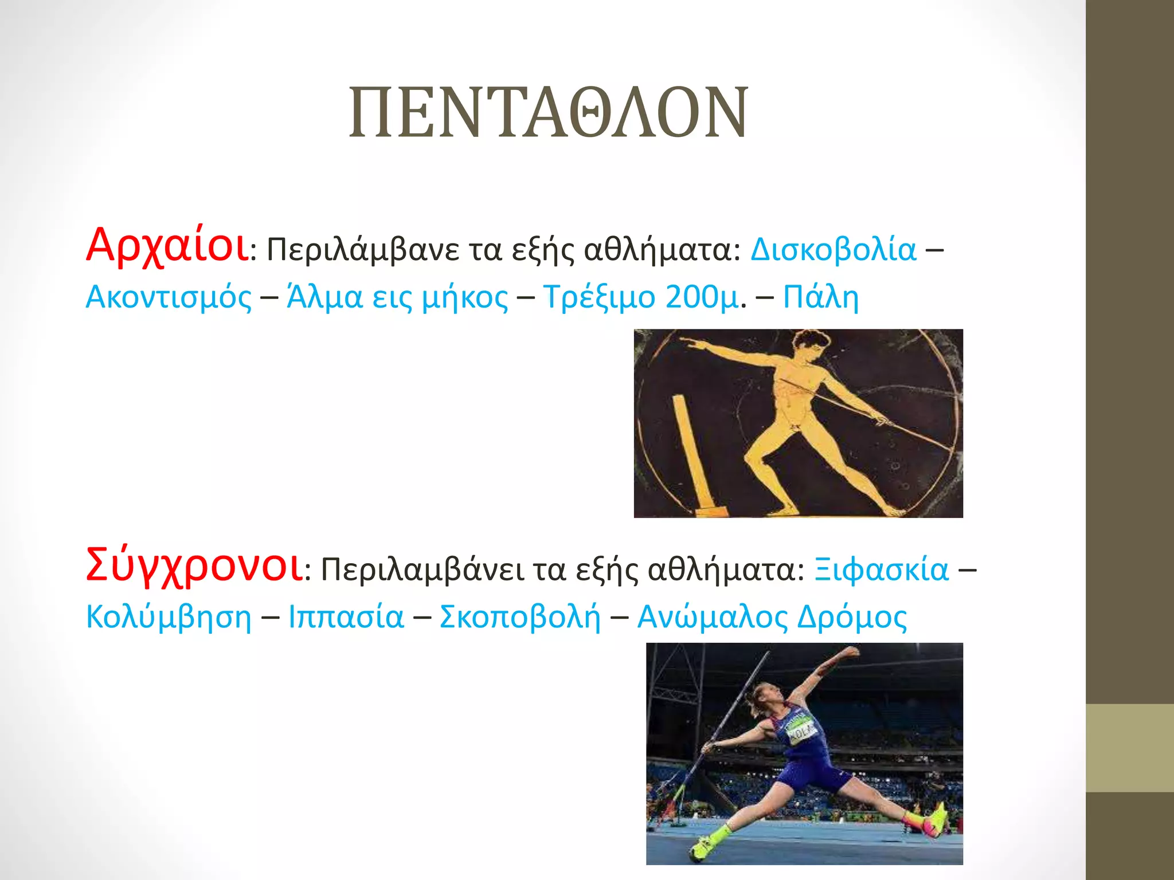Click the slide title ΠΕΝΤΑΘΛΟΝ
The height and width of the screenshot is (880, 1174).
pyautogui.click(x=549, y=112)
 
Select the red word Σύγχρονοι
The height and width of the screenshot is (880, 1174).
pyautogui.click(x=194, y=566)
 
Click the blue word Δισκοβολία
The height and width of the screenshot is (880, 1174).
pyautogui.click(x=833, y=250)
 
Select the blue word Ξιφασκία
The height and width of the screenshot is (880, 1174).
pyautogui.click(x=881, y=570)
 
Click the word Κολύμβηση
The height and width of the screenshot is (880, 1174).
pyautogui.click(x=168, y=618)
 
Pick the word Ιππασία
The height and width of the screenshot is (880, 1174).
pyautogui.click(x=346, y=618)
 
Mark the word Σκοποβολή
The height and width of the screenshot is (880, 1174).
pyautogui.click(x=520, y=618)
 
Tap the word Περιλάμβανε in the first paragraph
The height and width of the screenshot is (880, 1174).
pyautogui.click(x=363, y=250)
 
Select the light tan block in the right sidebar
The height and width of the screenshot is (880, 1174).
pyautogui.click(x=1129, y=748)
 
